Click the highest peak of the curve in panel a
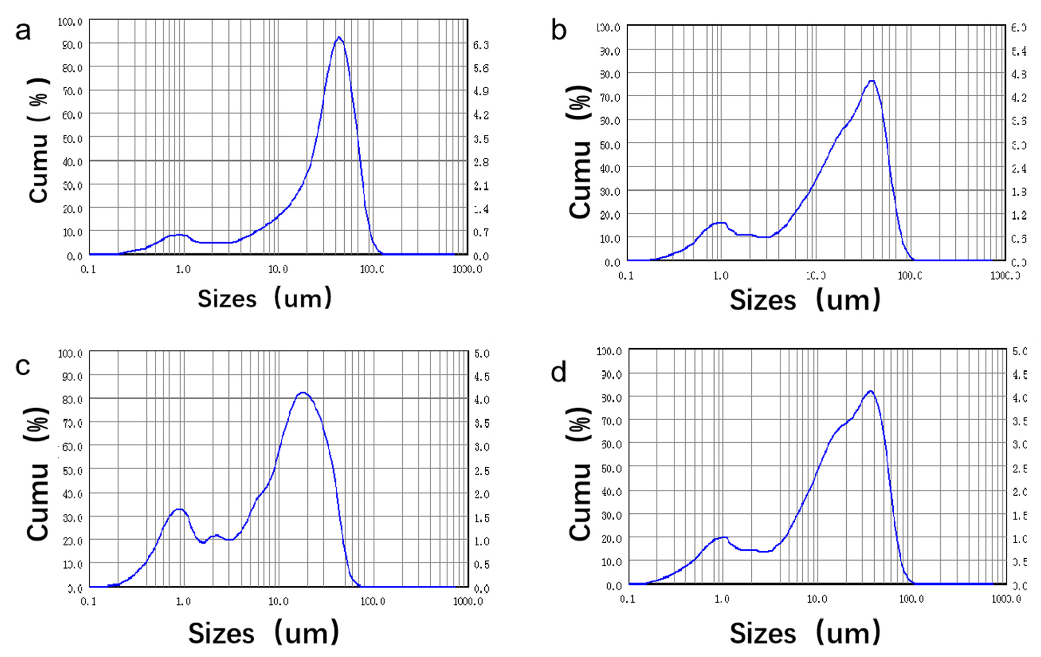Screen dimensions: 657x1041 [339, 38]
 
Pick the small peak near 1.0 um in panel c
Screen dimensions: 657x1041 [179, 510]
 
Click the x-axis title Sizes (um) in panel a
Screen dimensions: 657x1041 [265, 299]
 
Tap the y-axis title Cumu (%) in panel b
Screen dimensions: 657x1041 [579, 151]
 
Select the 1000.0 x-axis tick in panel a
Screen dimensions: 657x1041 [467, 269]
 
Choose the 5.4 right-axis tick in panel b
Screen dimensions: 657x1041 [1019, 51]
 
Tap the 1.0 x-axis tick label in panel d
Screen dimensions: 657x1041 [722, 599]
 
